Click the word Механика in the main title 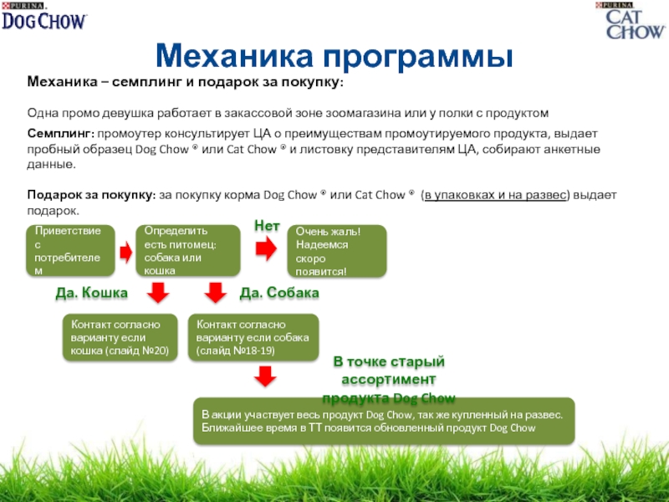click(x=233, y=55)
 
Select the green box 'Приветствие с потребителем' click(x=69, y=250)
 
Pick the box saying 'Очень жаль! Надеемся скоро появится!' click(x=337, y=251)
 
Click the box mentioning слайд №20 click(x=122, y=337)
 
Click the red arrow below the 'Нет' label click(x=266, y=247)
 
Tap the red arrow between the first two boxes click(x=126, y=250)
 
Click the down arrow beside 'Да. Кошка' click(x=156, y=292)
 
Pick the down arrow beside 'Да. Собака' click(x=216, y=292)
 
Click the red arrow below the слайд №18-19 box click(x=264, y=377)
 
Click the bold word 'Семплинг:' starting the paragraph click(x=61, y=134)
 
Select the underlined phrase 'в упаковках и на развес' click(x=495, y=195)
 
